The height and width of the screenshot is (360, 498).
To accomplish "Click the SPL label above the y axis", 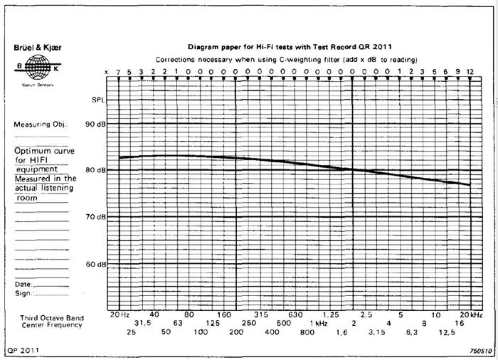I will pyautogui.click(x=98, y=100).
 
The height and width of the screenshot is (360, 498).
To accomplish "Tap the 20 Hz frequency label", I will pyautogui.click(x=120, y=314).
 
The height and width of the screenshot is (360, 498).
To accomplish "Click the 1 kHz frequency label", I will pyautogui.click(x=318, y=323).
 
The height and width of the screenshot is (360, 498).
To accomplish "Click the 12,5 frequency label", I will pyautogui.click(x=446, y=332).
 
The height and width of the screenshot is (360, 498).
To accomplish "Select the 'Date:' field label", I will pyautogui.click(x=23, y=284).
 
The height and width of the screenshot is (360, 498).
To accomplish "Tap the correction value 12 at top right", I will pyautogui.click(x=470, y=72).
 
